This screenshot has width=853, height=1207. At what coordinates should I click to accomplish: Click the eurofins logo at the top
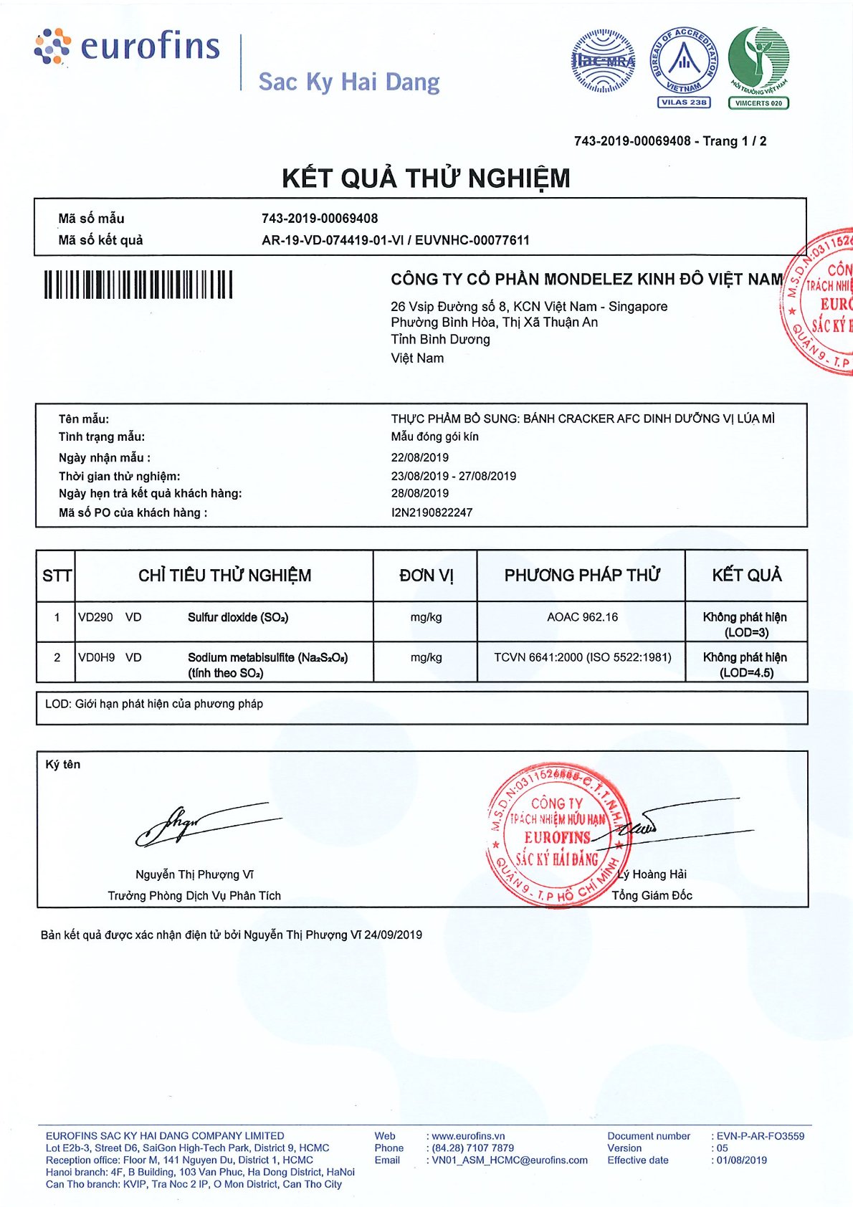[x=128, y=47]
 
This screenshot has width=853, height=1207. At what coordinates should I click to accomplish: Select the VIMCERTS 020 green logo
[x=758, y=66]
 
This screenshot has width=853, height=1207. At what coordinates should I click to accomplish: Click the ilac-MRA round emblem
[x=604, y=62]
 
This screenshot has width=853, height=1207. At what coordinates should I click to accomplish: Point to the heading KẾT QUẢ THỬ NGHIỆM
[x=426, y=178]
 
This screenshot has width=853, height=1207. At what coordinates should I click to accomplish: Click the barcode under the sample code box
[x=138, y=285]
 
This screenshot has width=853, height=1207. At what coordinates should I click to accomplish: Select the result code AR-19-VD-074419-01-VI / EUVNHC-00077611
[x=396, y=240]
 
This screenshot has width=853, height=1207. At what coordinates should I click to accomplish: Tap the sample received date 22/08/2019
[x=420, y=457]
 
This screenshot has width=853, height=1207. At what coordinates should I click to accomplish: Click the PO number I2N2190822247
[x=432, y=512]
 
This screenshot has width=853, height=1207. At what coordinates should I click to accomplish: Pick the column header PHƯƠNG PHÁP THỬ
[x=581, y=576]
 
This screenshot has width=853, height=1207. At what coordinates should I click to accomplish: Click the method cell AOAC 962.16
[x=582, y=617]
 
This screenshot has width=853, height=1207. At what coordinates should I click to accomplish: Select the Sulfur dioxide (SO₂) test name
[x=238, y=617]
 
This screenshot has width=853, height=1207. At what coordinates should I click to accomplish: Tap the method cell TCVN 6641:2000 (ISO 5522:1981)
[x=582, y=657]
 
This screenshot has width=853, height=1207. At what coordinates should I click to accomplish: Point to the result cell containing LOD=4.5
[x=745, y=664]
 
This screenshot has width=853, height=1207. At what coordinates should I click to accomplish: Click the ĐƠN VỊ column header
[x=426, y=576]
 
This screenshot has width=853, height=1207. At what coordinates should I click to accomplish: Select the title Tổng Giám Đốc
[x=652, y=895]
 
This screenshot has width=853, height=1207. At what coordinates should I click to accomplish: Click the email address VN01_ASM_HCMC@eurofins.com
[x=510, y=1160]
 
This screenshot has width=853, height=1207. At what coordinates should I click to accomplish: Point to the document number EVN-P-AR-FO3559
[x=761, y=1135]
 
